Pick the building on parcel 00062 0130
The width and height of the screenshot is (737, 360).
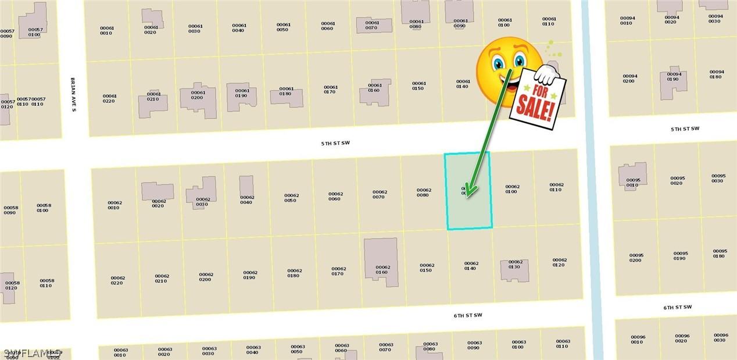(515, 271)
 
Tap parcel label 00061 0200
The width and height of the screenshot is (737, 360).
(198, 95)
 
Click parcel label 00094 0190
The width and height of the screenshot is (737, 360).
(674, 77)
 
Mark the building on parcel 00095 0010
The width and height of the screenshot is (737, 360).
(632, 176)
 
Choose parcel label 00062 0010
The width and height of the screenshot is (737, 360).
(115, 205)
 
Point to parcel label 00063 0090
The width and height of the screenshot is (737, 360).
(474, 345)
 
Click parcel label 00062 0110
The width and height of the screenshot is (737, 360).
(556, 187)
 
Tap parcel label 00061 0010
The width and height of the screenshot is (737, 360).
(107, 30)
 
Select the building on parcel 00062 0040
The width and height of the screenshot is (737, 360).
(246, 186)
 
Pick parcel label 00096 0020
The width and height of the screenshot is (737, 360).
(682, 338)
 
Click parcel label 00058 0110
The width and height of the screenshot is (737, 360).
(47, 283)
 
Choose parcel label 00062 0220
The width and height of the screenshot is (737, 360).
(117, 280)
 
